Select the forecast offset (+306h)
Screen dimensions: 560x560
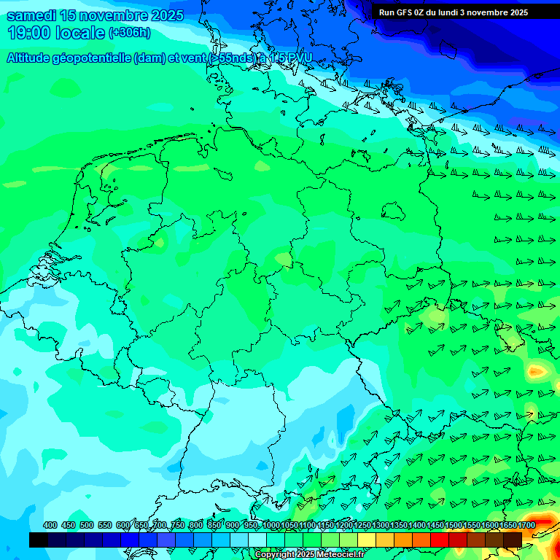(129, 33)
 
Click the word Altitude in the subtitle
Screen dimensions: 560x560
(31, 58)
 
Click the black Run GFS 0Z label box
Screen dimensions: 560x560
(453, 12)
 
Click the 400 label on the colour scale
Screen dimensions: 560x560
(50, 525)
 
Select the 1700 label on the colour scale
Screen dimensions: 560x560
(526, 525)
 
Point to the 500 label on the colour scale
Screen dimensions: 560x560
(86, 525)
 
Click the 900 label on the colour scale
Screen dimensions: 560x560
(232, 525)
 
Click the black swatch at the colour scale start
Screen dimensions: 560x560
(39, 540)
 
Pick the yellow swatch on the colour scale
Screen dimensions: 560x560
(367, 540)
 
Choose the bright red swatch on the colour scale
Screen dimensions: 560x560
(440, 540)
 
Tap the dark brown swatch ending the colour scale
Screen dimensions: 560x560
(513, 540)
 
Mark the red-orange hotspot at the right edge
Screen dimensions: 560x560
(537, 371)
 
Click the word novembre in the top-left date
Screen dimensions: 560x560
(106, 15)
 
